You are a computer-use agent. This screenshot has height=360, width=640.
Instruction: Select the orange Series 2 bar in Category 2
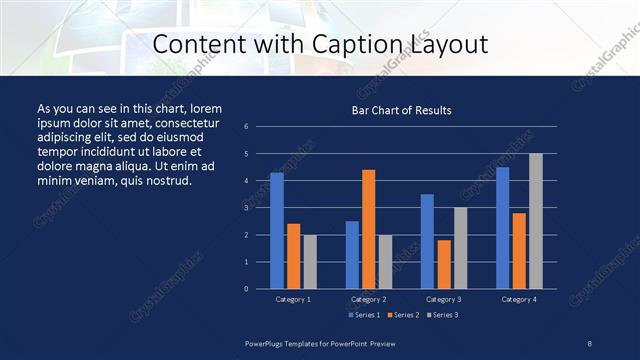368,229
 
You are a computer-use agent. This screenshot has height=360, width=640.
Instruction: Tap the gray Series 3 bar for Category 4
535,221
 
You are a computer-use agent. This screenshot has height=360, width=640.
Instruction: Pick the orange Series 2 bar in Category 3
443,264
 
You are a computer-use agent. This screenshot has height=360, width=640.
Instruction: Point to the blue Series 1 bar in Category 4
502,227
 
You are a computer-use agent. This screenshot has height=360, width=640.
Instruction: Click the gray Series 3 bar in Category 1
310,261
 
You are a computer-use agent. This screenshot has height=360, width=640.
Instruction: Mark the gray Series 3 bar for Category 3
460,248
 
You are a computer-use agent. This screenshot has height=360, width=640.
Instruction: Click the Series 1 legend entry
362,315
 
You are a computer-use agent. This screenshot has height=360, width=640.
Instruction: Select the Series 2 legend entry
402,315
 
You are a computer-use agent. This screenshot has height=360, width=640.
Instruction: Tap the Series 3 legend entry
442,315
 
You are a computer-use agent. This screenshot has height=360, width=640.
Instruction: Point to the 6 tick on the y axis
246,127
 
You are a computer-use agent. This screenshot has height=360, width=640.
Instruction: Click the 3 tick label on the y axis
246,208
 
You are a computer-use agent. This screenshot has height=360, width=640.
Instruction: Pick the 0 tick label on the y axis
246,289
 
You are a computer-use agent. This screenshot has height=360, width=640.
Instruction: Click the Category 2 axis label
368,299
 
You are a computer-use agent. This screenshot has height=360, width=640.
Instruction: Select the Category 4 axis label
518,299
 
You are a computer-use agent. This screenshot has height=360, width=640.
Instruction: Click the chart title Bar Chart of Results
401,110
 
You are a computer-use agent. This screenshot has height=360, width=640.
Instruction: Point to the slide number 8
589,343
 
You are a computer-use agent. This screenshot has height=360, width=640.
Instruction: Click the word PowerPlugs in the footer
266,343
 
